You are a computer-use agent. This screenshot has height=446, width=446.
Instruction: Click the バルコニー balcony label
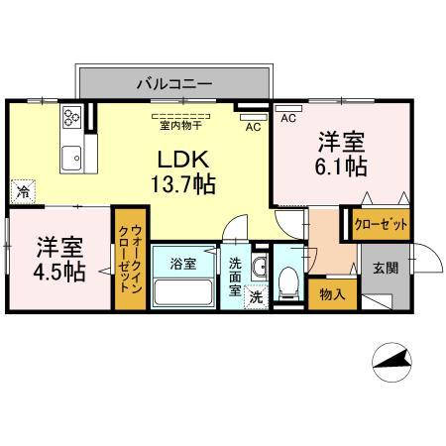(173, 84)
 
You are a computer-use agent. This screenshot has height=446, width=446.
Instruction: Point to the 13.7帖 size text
(182, 183)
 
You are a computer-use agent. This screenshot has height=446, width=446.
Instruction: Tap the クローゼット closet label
(382, 225)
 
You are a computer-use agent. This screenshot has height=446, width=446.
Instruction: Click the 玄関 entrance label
(386, 266)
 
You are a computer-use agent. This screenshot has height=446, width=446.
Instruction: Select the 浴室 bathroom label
(181, 264)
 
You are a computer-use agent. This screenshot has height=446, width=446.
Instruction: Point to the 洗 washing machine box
(255, 295)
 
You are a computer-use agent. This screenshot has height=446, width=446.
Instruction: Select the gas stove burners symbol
(71, 120)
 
